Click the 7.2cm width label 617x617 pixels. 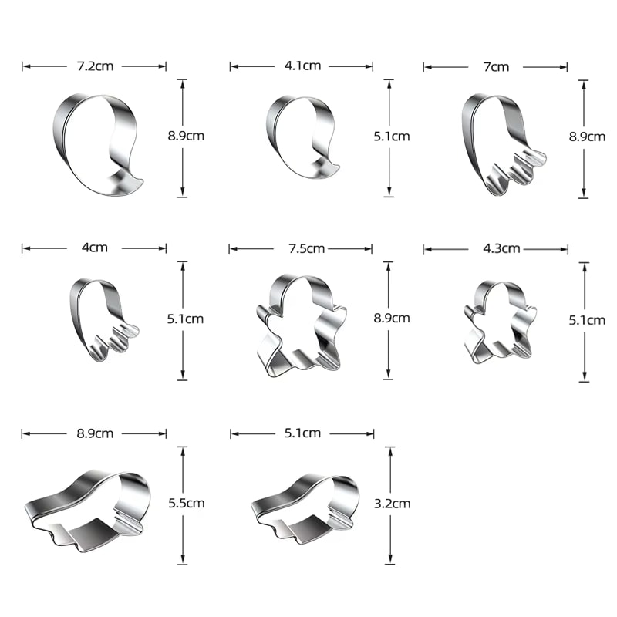coord(95,66)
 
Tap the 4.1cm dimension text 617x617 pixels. coord(302,66)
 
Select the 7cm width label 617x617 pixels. coord(496,67)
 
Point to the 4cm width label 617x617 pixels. coord(94,248)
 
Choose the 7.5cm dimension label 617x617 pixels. coord(306,248)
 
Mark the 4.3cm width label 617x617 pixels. coord(502,248)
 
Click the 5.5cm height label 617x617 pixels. coord(187,503)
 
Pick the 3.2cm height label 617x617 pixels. coord(393,504)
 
